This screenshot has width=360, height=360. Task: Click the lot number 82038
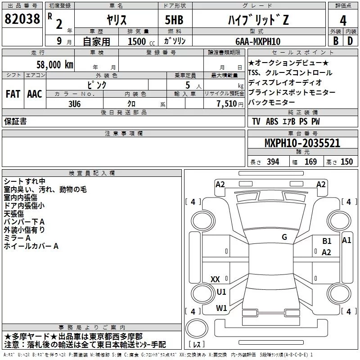[x=22, y=19]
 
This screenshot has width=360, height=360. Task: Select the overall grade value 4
[x=343, y=21]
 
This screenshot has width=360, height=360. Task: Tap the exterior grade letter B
[x=336, y=41]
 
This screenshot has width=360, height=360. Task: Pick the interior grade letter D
[x=350, y=41]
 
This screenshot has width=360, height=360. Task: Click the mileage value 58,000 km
[x=55, y=65]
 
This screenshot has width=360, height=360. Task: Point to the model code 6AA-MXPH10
[x=258, y=41]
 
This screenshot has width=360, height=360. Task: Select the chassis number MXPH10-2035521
[x=302, y=143]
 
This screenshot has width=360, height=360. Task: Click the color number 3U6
[x=75, y=104]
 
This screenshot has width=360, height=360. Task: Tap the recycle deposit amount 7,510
[x=227, y=104]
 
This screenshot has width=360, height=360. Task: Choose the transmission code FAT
[x=13, y=94]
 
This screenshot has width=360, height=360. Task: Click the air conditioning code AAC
[x=35, y=94]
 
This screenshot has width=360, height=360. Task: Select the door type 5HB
[x=174, y=20]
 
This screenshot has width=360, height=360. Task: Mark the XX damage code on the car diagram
[x=215, y=279]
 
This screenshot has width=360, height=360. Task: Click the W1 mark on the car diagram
[x=221, y=308]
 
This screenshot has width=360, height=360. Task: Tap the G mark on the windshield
[x=284, y=237]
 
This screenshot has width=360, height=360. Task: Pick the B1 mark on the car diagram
[x=327, y=241]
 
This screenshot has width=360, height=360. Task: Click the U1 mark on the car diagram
[x=221, y=292]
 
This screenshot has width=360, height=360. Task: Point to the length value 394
[x=273, y=162]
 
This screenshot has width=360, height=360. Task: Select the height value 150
[x=346, y=162]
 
